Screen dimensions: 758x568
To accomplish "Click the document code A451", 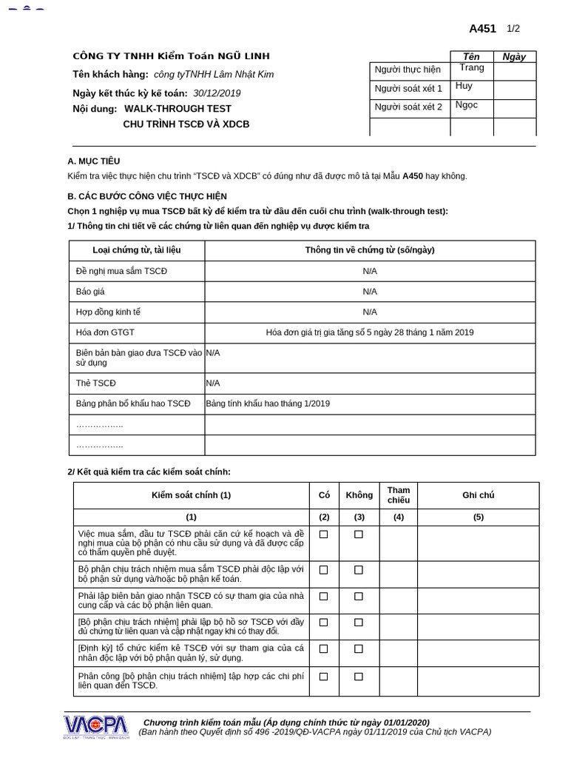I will [482, 29].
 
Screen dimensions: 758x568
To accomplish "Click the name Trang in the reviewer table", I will [471, 68].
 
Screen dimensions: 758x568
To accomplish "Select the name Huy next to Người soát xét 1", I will [464, 86].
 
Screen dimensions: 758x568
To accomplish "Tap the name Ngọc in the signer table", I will [467, 105].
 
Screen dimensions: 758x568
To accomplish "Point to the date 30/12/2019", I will [217, 93].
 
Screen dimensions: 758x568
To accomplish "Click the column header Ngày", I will [514, 57].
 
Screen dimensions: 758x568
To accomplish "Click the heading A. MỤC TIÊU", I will [93, 161].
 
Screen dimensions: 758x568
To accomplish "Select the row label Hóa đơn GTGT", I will [105, 332].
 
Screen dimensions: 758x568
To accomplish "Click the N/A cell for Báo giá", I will [370, 292].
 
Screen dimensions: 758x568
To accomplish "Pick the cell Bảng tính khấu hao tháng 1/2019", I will [268, 403].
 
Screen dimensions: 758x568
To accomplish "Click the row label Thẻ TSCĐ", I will [95, 383].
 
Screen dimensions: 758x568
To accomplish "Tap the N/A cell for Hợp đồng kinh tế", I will [370, 312].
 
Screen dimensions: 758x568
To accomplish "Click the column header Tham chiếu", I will [399, 495].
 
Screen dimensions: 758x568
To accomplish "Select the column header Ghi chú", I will [478, 495].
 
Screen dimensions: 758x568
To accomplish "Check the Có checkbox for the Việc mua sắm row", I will [323, 534].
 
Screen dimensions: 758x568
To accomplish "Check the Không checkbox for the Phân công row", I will [359, 677].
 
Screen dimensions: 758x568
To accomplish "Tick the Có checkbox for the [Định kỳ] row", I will [323, 649].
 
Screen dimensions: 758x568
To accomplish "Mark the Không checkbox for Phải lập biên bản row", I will [359, 596].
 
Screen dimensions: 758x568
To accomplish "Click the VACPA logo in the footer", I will [95, 726].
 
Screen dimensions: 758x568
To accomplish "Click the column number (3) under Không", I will [359, 517].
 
